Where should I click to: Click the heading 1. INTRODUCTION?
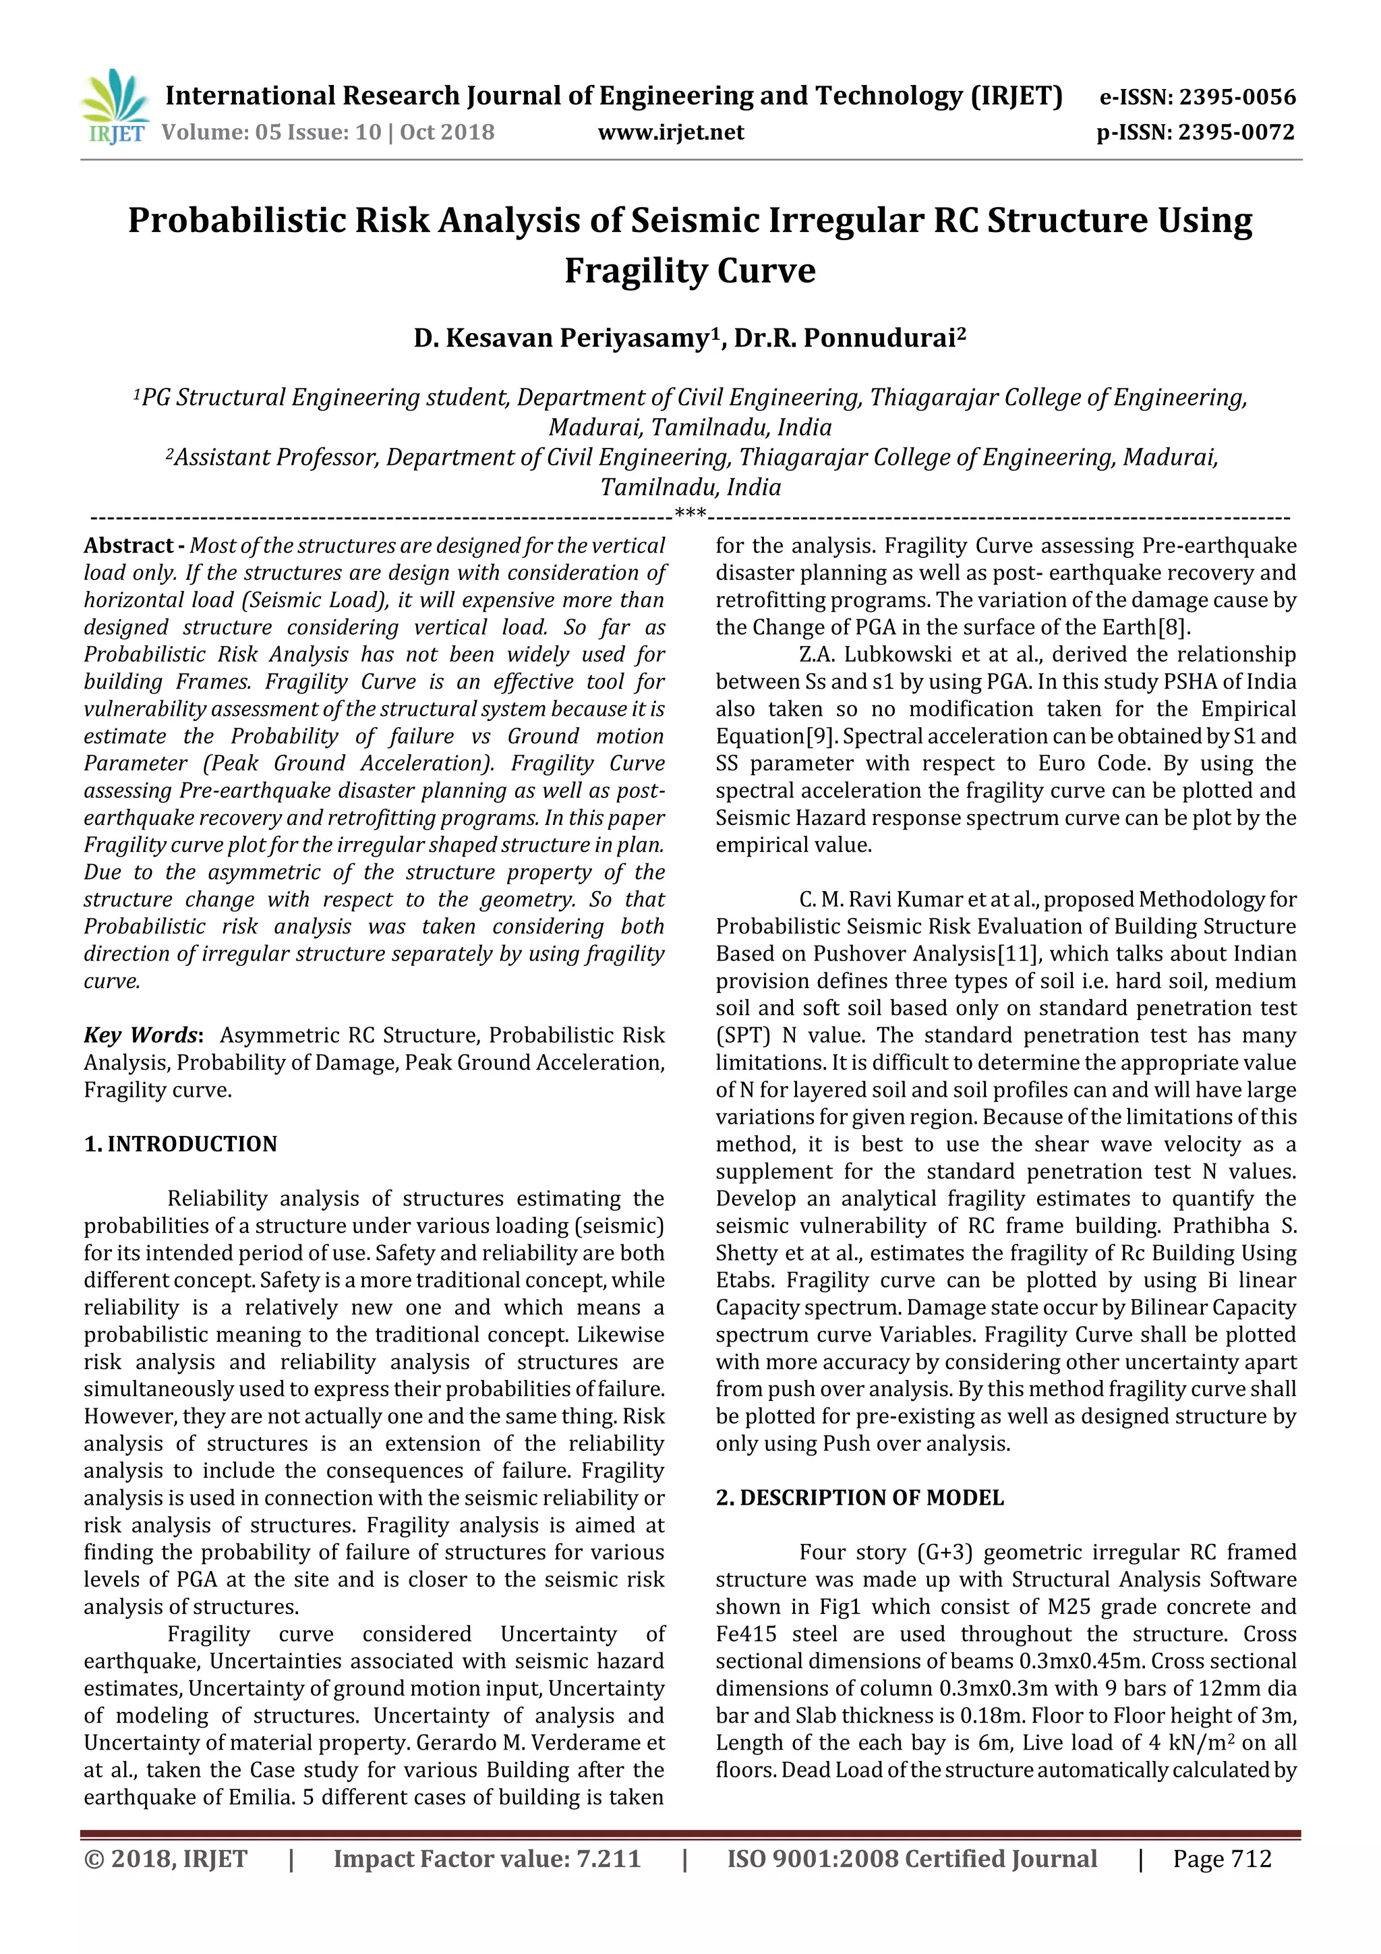click(x=181, y=1145)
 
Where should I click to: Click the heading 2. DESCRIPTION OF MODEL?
click(x=859, y=1499)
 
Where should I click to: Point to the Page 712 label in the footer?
click(x=1222, y=1883)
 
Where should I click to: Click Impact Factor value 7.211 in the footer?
click(x=487, y=1883)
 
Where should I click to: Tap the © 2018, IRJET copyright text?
click(x=166, y=1883)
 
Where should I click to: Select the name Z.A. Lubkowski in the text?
click(x=868, y=654)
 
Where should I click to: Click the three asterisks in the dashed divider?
click(x=690, y=514)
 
